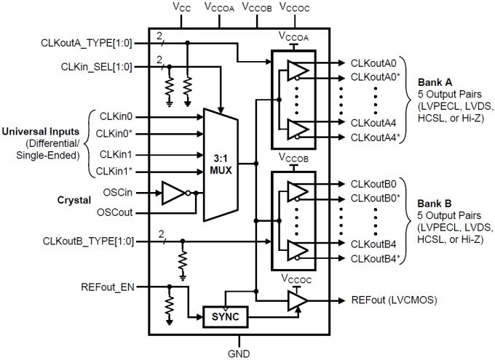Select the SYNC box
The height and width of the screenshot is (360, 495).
(x=225, y=317)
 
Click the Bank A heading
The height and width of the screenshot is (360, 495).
(x=435, y=80)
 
